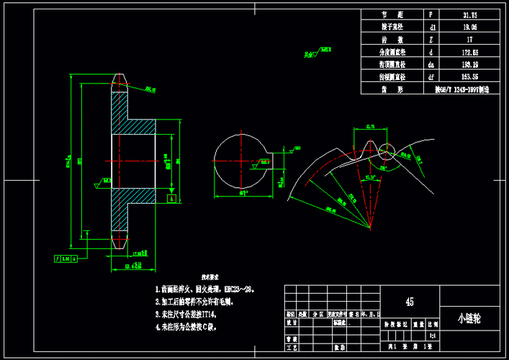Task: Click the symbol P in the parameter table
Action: tap(431, 14)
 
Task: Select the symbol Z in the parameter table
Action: tap(431, 39)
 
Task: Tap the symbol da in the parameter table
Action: tap(431, 64)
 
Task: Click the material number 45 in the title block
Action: tap(410, 301)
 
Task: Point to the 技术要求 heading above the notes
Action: tap(210, 276)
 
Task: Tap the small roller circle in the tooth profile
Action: tap(387, 150)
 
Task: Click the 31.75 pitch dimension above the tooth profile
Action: tap(371, 127)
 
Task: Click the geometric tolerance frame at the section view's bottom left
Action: tap(64, 257)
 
